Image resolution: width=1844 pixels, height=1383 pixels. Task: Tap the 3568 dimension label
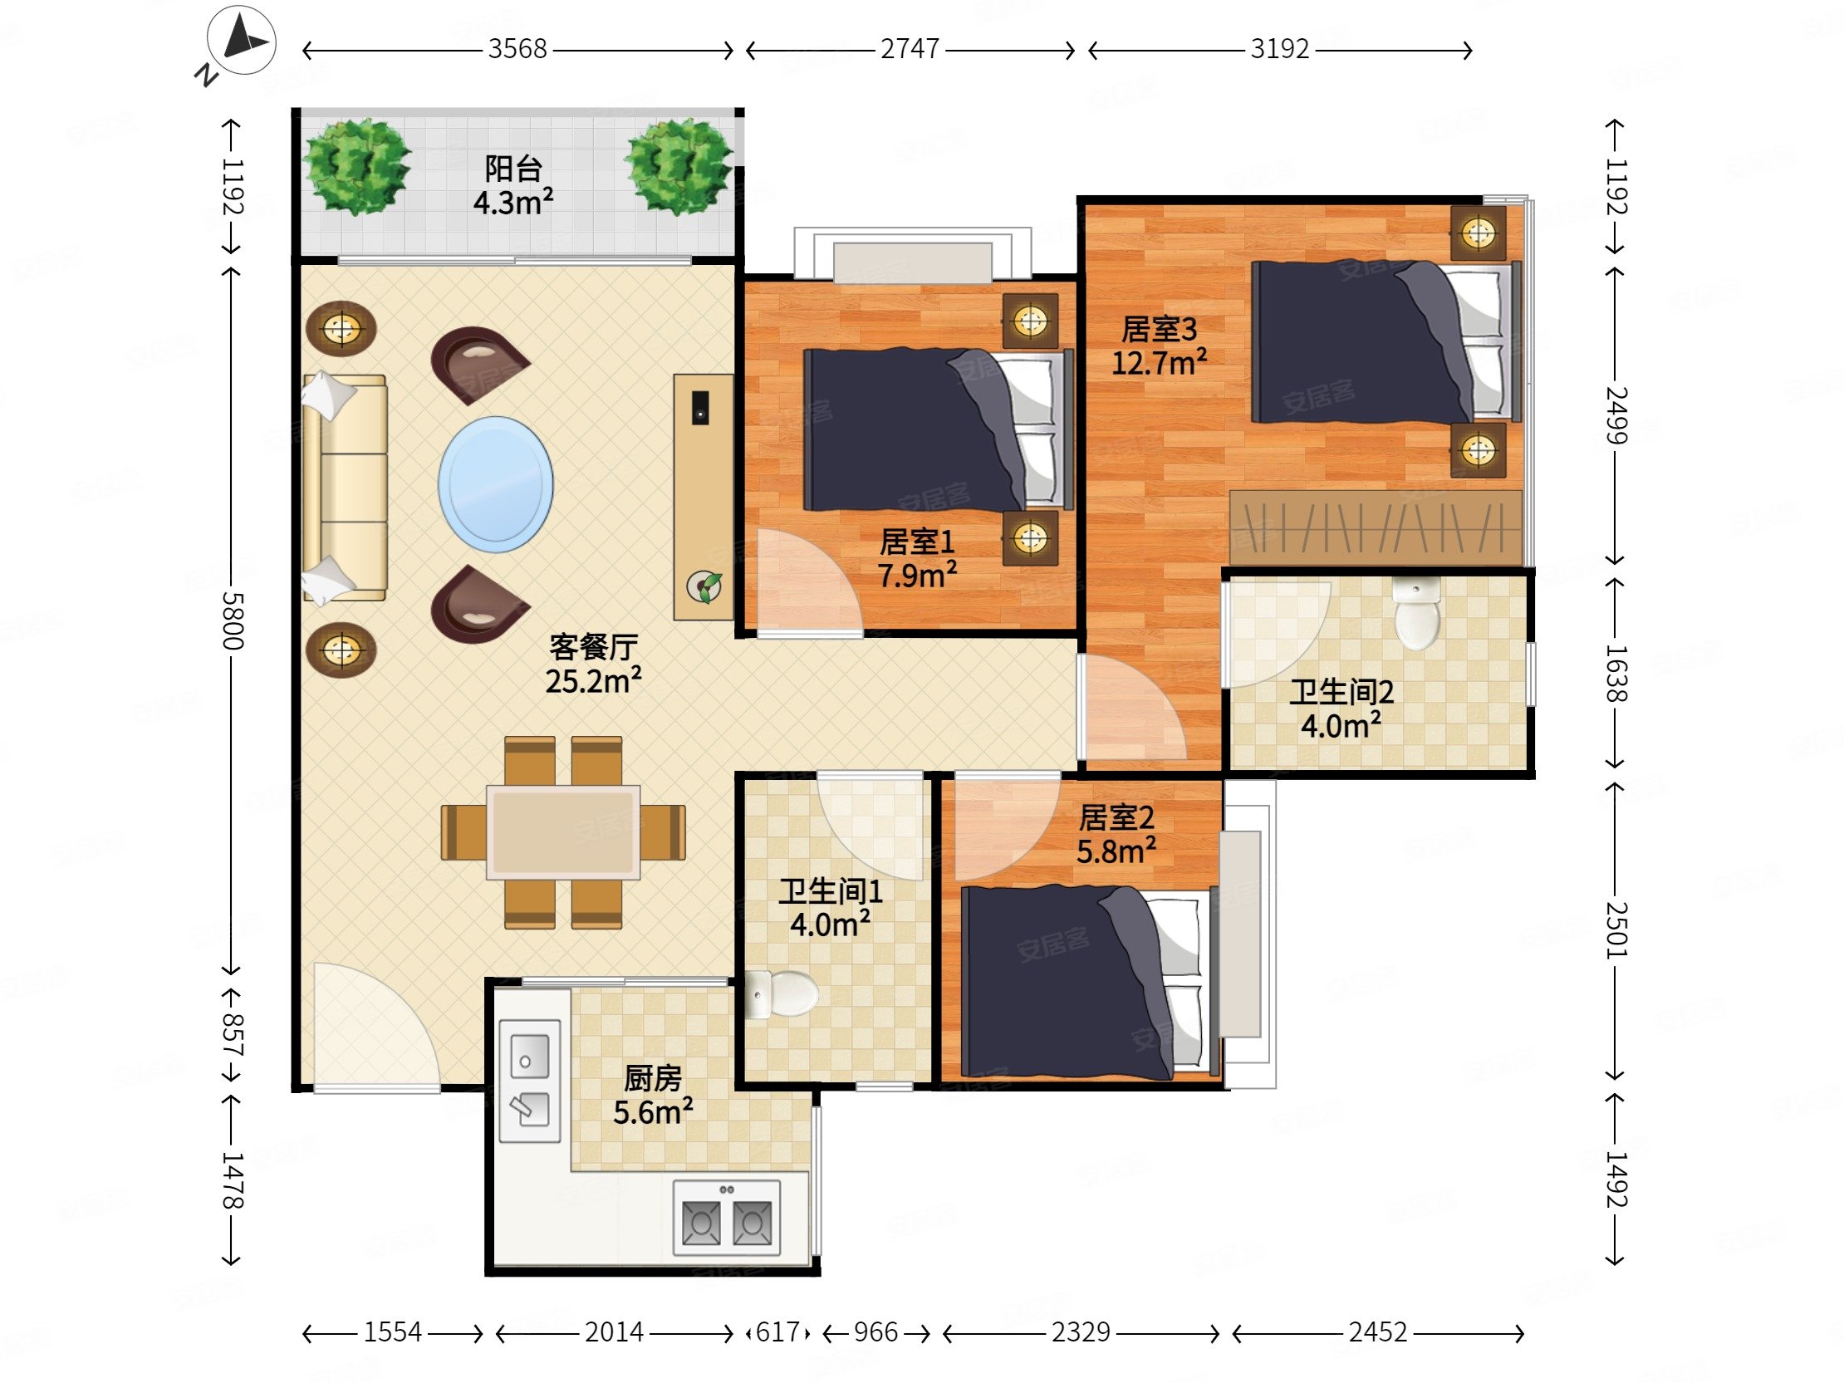(x=517, y=50)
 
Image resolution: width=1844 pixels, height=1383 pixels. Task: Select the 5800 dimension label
(x=233, y=621)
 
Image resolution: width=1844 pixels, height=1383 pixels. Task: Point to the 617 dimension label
(x=777, y=1332)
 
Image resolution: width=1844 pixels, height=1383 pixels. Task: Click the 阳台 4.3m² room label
(x=513, y=185)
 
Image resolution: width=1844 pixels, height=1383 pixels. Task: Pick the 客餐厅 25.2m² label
(x=594, y=664)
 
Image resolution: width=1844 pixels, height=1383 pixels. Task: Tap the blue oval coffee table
(x=496, y=484)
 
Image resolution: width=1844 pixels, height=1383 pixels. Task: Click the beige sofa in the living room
(x=344, y=488)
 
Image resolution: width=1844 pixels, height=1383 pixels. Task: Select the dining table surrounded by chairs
(x=563, y=832)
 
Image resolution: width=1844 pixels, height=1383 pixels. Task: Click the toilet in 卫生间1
(x=781, y=994)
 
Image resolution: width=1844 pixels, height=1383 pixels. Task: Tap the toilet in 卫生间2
(x=1416, y=614)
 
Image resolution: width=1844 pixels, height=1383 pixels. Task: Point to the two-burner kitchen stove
(x=727, y=1218)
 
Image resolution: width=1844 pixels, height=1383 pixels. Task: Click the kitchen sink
(x=529, y=1081)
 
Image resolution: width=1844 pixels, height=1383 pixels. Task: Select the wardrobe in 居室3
(x=1376, y=527)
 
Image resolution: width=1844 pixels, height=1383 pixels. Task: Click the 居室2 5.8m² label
(x=1116, y=835)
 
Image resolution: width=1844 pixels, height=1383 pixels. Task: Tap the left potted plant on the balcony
(x=357, y=167)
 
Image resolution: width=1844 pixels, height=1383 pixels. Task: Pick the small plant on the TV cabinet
(x=704, y=587)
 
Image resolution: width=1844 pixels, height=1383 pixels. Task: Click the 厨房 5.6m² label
(x=654, y=1096)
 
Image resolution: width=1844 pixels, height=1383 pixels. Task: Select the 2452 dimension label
(x=1378, y=1332)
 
